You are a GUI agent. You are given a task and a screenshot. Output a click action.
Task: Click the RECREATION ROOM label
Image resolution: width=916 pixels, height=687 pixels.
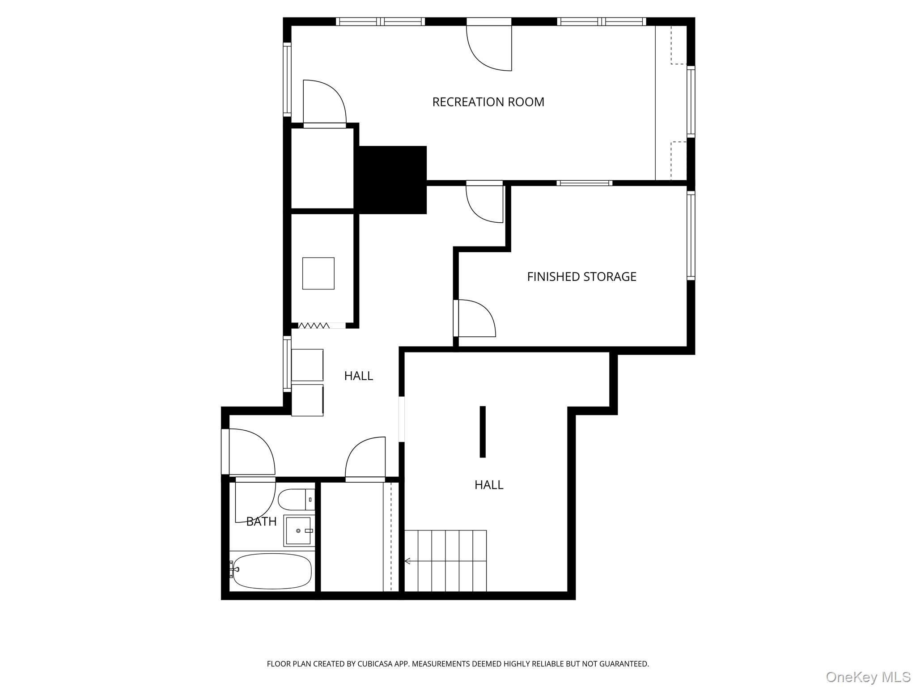(488, 102)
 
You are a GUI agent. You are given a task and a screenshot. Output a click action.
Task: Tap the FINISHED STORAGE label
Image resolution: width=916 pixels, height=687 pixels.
(581, 276)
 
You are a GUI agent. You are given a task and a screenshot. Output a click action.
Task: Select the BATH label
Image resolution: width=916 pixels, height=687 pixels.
(261, 521)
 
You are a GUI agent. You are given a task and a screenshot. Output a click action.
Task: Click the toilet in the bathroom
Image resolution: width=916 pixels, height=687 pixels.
(295, 500)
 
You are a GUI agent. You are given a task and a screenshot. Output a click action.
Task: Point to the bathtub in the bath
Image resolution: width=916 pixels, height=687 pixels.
(271, 571)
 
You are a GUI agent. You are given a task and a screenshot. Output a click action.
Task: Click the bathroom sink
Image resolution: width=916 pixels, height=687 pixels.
(298, 530)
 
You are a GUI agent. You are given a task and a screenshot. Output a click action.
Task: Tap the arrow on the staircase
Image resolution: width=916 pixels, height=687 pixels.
(407, 561)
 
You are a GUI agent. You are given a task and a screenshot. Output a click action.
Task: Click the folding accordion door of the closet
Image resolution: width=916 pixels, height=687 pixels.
(314, 326)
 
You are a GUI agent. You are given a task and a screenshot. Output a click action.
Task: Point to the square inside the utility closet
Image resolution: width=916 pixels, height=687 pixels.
(318, 273)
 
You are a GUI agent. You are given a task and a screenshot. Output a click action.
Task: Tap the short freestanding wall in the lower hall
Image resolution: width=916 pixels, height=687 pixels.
(483, 432)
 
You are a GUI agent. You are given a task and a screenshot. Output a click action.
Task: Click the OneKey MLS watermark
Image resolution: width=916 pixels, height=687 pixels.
(868, 677)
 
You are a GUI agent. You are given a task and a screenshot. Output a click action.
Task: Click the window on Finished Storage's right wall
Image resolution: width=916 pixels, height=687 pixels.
(691, 235)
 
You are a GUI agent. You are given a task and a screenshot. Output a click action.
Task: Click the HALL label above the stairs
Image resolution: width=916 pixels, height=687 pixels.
(488, 485)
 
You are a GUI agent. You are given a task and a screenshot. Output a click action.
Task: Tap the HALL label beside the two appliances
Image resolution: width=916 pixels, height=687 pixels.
(358, 376)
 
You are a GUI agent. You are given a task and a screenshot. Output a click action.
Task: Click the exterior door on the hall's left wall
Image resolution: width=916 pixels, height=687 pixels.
(225, 452)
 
